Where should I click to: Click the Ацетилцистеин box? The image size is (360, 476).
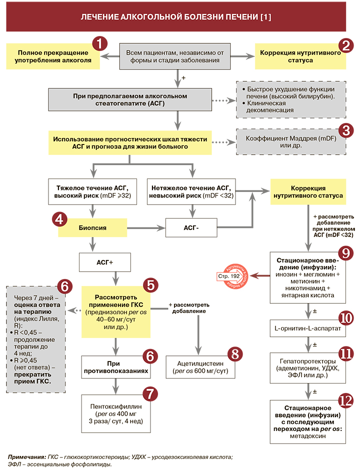tap(200, 368)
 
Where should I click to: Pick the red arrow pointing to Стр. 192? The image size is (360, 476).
tap(259, 275)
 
